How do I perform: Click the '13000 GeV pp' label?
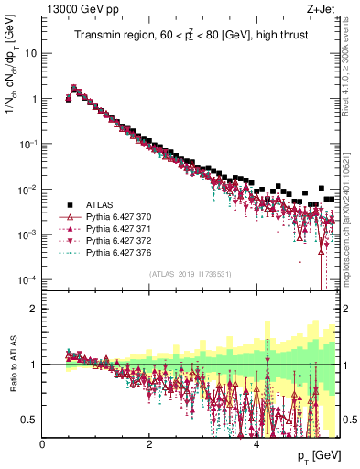coord(74,10)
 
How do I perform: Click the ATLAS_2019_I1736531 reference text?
coord(191,274)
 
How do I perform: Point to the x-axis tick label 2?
coord(149,443)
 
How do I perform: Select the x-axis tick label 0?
coord(43,443)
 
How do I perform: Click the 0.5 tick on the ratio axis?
coord(30,420)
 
